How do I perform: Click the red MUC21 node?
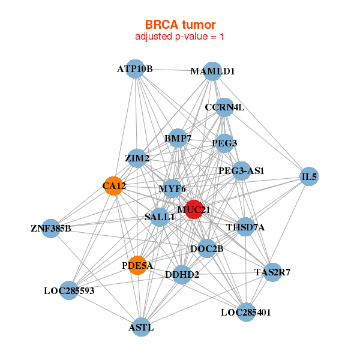pos(194,209)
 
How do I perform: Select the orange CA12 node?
pos(113,186)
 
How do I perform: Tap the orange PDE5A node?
pos(138,265)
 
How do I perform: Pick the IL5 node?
pos(308,177)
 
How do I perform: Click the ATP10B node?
pos(135,69)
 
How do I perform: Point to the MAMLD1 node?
pos(212,71)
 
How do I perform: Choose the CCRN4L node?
pos(224,108)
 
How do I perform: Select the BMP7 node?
pos(178,139)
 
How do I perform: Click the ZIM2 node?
pos(137,158)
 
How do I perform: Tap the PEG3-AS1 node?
pos(241,171)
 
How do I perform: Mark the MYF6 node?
pos(172,189)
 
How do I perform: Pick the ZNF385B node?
pos(51,229)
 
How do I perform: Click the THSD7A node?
pos(245,227)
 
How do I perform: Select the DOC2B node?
pos(207,248)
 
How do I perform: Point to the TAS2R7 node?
pos(272,272)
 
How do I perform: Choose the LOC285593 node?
pos(69,291)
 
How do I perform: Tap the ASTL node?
pos(141,328)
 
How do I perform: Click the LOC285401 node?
pos(246,312)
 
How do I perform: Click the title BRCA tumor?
pos(180,25)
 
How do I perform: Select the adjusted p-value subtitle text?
pos(180,37)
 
